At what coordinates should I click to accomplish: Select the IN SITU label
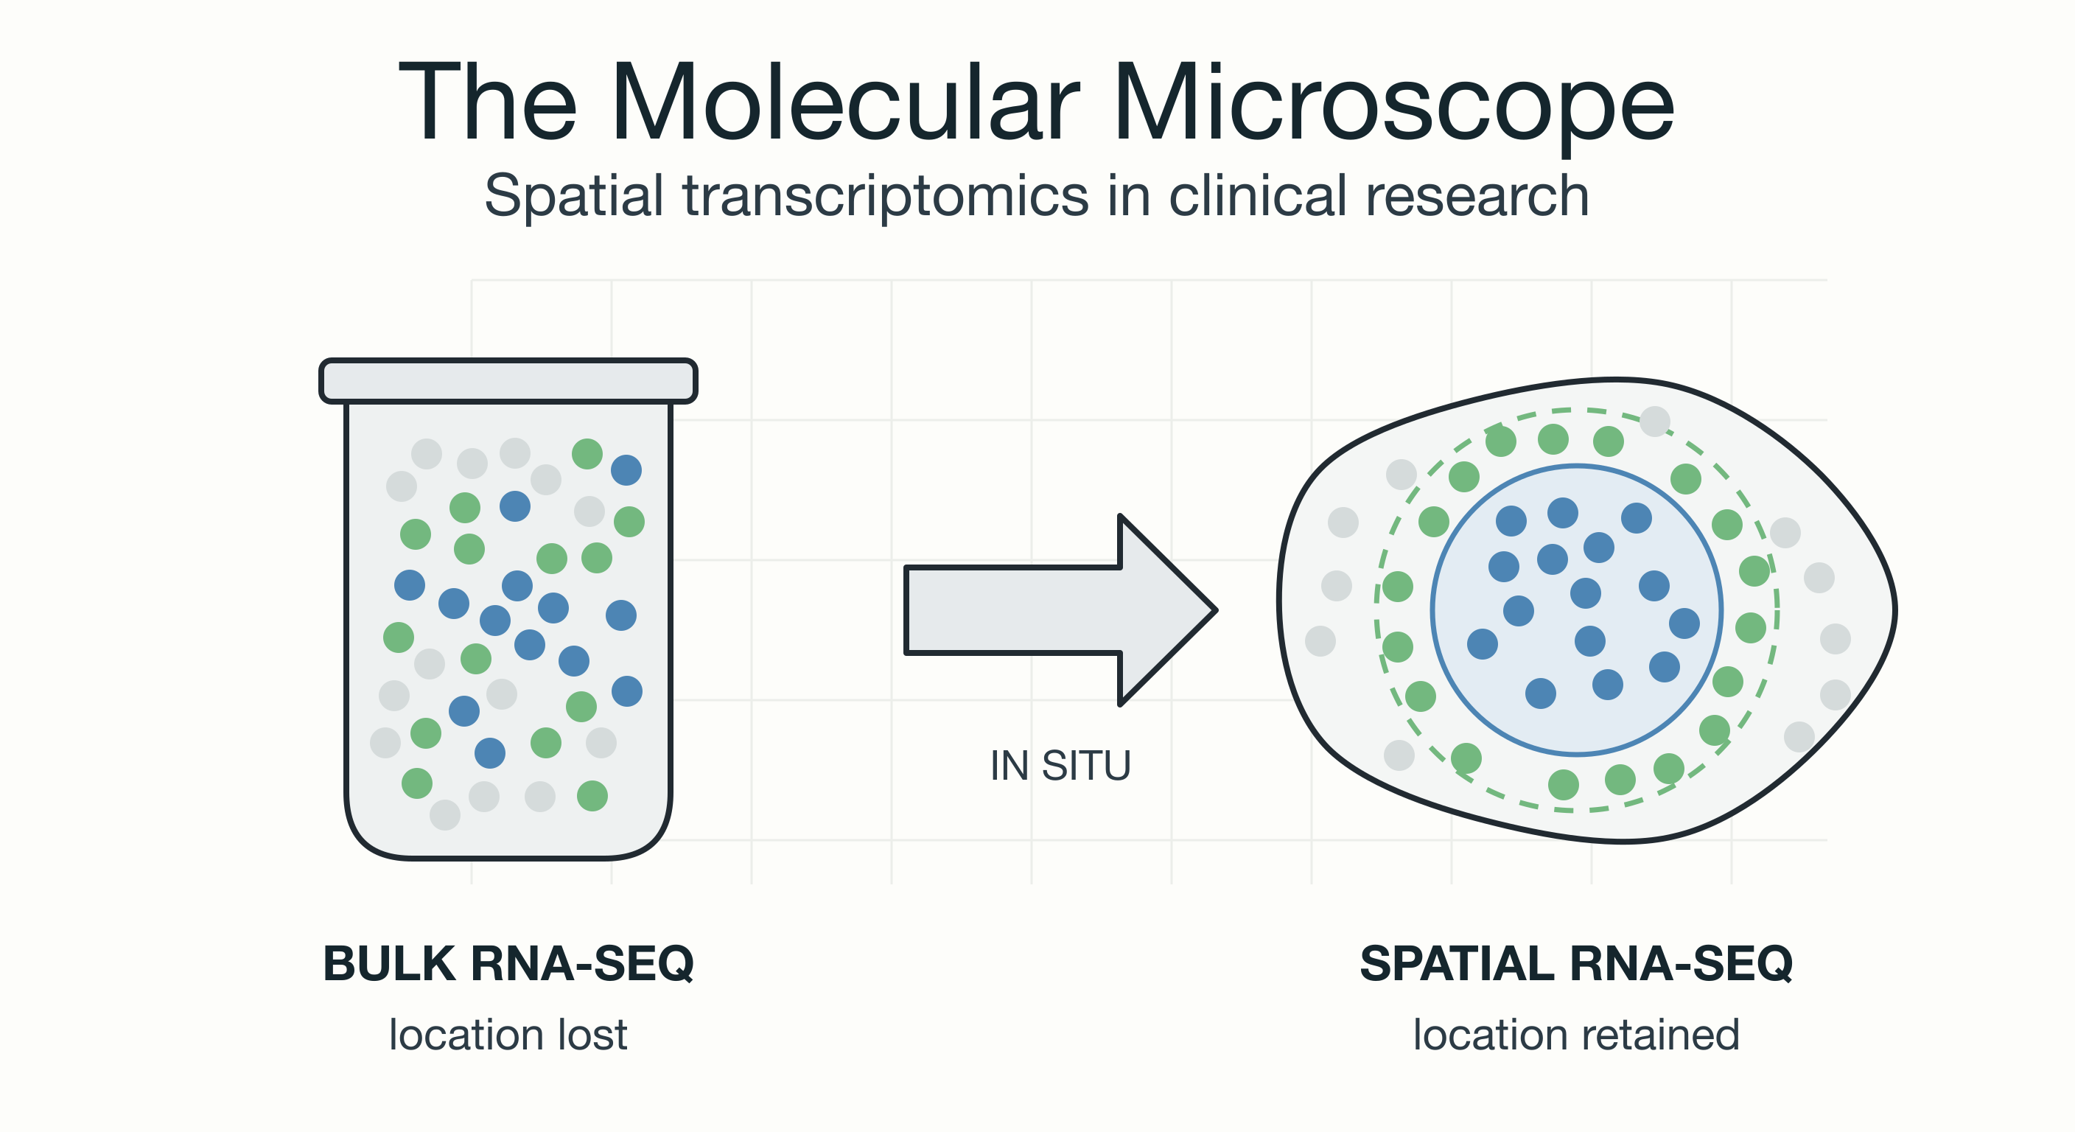[1060, 766]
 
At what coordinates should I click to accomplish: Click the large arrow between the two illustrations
[1060, 610]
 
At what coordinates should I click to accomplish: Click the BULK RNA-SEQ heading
[508, 964]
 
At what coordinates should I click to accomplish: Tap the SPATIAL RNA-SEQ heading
[1576, 964]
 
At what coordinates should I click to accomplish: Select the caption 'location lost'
[508, 1035]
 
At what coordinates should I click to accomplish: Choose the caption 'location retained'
[1576, 1035]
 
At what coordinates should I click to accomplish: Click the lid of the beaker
[508, 380]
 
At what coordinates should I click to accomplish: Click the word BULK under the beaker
[390, 964]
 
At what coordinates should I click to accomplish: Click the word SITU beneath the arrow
[1086, 766]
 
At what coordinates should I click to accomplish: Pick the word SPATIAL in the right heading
[1456, 964]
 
